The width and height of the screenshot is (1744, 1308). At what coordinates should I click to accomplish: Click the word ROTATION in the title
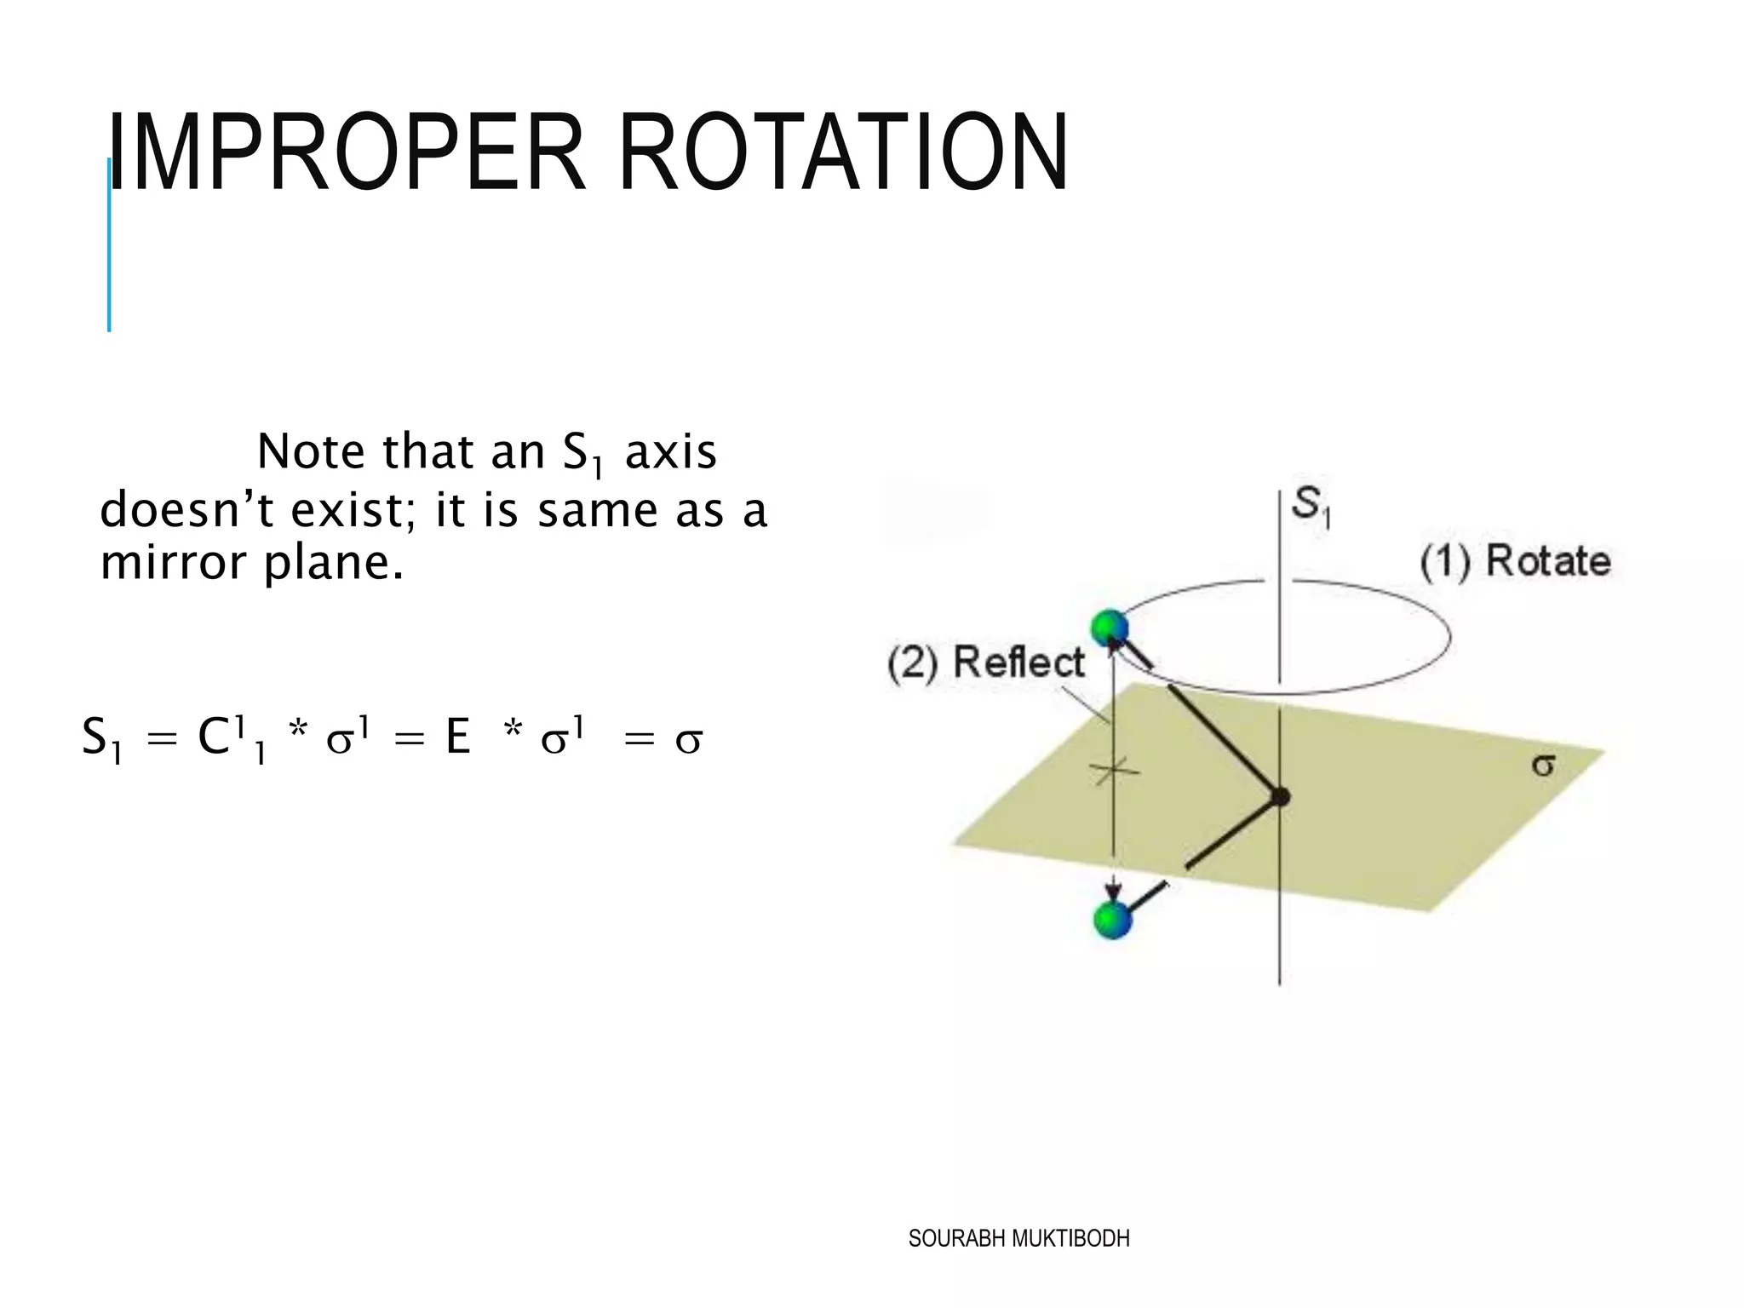click(x=843, y=153)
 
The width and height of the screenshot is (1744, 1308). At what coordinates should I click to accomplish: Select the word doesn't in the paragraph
click(x=187, y=511)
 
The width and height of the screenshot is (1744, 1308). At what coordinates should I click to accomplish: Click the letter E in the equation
click(x=458, y=737)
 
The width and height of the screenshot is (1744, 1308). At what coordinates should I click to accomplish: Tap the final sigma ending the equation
click(x=688, y=739)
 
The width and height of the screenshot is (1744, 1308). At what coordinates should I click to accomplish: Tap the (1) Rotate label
click(x=1516, y=562)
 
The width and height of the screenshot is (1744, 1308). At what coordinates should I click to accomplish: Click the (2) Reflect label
click(x=986, y=663)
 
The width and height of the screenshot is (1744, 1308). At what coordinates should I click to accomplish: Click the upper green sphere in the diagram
click(x=1110, y=628)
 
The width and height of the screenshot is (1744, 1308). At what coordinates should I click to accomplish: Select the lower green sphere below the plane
click(x=1112, y=920)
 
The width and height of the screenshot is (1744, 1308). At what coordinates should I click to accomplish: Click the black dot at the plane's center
click(x=1279, y=797)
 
